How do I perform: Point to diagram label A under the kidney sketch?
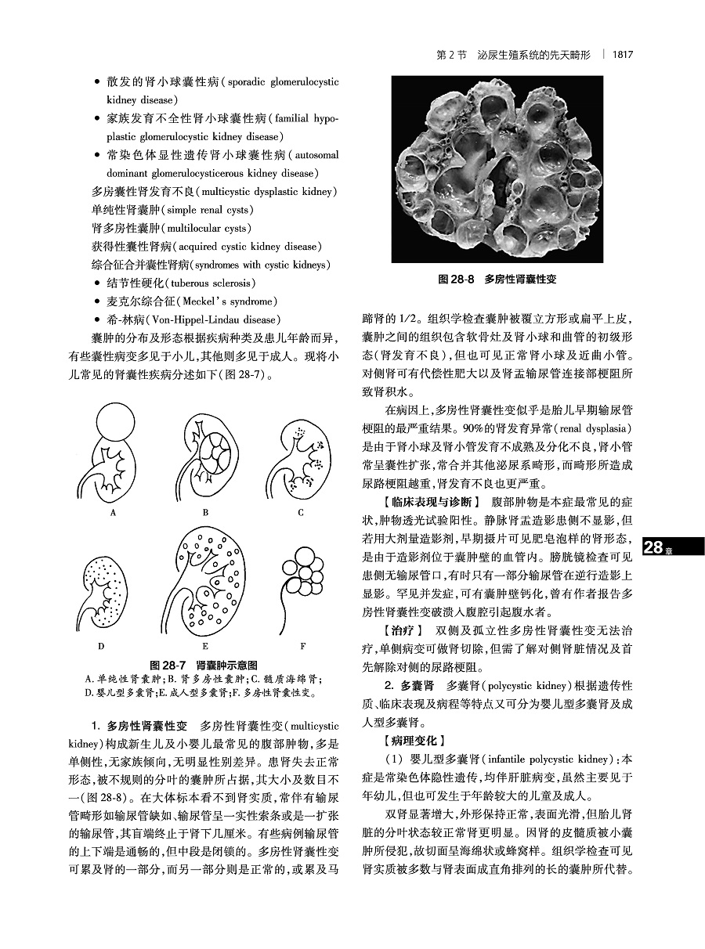click(114, 513)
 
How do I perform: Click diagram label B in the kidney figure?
click(205, 513)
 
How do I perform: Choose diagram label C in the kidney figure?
click(300, 513)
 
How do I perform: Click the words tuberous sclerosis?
click(213, 283)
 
